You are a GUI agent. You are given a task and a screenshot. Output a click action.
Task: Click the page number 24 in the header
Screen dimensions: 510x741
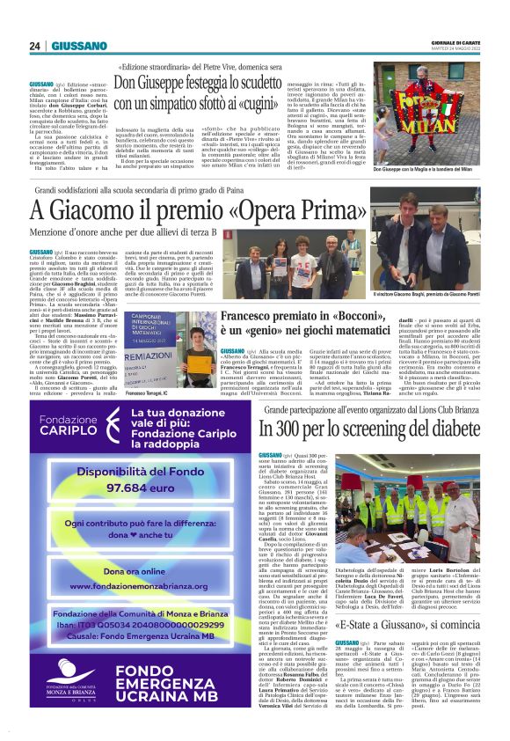pyautogui.click(x=35, y=46)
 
